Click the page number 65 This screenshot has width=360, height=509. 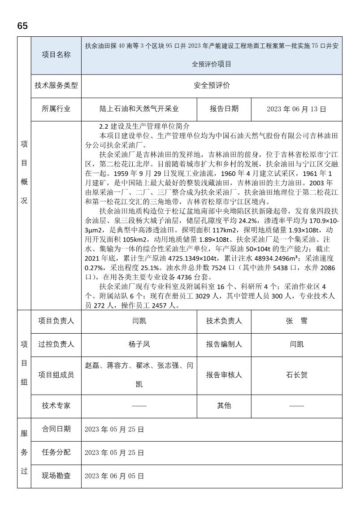click(22, 26)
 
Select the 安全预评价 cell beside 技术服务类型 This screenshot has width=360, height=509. click(212, 86)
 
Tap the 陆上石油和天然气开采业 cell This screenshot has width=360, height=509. click(139, 109)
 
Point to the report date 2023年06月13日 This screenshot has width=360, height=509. click(296, 109)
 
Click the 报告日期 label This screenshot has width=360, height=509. click(224, 109)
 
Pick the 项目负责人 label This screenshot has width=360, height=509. click(56, 321)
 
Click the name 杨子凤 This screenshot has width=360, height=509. click(139, 344)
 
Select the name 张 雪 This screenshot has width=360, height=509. click(296, 321)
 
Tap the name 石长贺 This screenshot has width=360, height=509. click(296, 375)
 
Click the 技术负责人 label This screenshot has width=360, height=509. click(224, 321)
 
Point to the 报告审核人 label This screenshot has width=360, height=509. click(224, 375)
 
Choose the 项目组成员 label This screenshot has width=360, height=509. click(56, 375)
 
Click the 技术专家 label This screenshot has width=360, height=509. click(56, 405)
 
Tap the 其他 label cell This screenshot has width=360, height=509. click(224, 405)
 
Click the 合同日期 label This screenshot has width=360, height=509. click(56, 429)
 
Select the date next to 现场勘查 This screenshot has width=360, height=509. click(114, 476)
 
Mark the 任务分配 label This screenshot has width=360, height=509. click(56, 452)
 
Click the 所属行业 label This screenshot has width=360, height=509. click(56, 109)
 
